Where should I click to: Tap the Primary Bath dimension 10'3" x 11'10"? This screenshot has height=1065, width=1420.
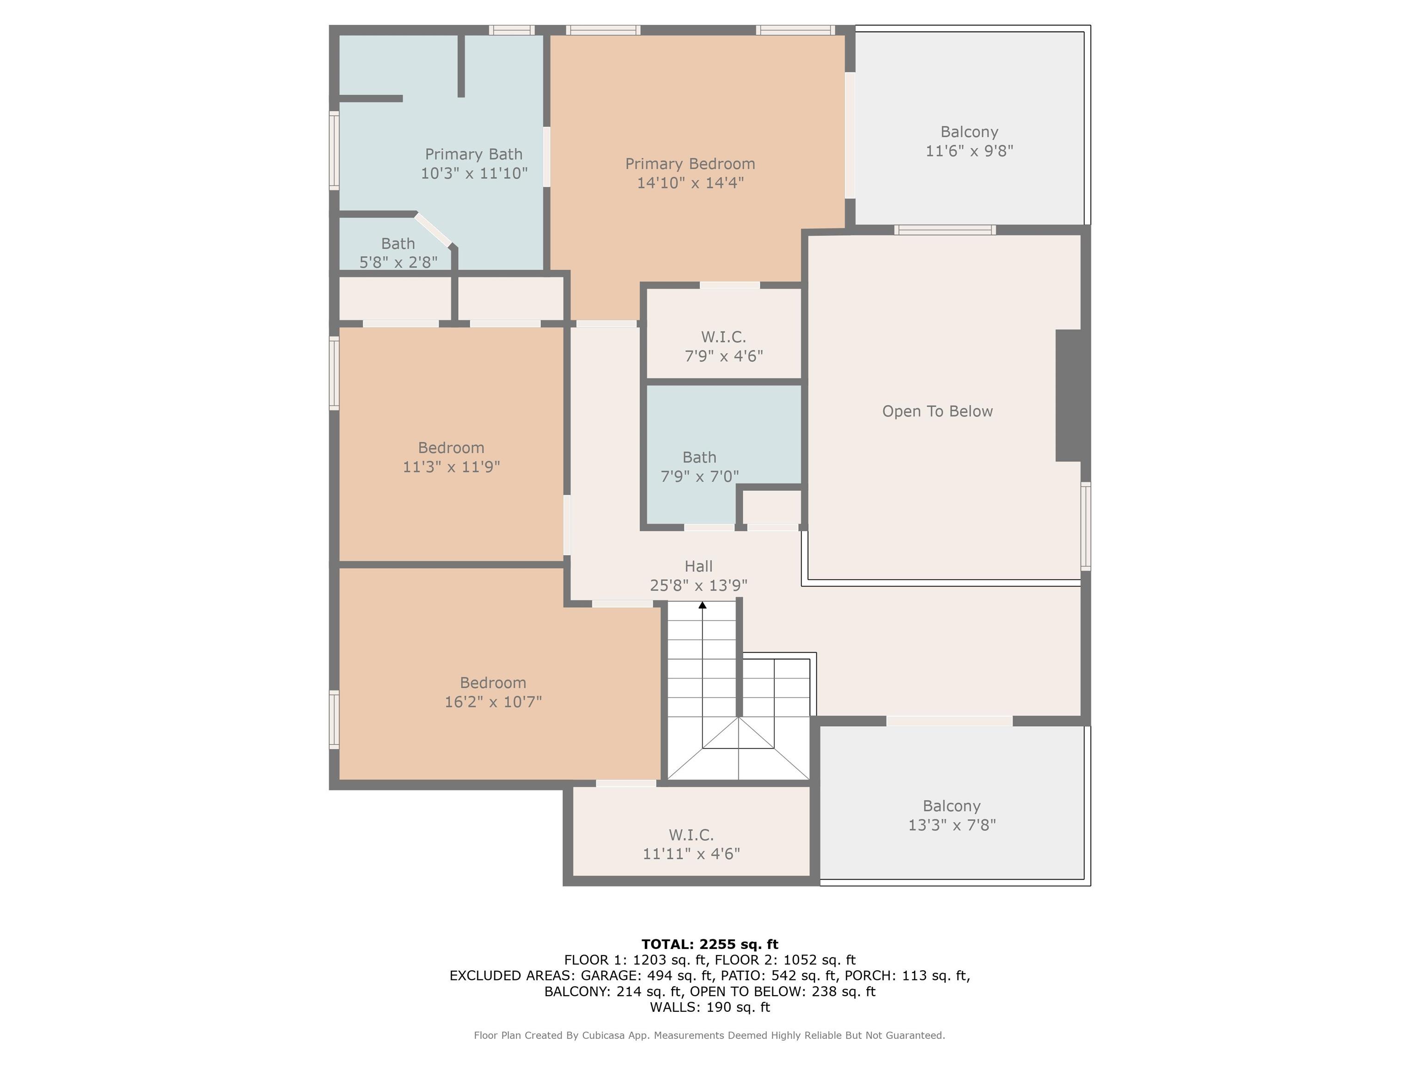click(x=474, y=173)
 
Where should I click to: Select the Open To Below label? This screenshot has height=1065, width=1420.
click(x=937, y=411)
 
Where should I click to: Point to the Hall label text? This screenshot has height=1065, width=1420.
click(x=698, y=566)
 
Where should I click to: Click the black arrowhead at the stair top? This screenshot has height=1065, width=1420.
click(x=702, y=605)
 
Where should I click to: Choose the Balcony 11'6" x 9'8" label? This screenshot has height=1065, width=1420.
click(x=969, y=141)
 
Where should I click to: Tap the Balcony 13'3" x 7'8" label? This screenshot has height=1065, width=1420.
click(x=952, y=815)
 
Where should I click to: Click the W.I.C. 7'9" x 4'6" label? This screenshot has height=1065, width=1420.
click(x=723, y=346)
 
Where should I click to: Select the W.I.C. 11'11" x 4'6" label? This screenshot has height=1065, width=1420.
click(x=692, y=844)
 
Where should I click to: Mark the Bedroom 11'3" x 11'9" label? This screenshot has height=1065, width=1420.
click(x=451, y=457)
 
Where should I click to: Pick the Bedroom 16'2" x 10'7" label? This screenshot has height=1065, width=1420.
click(x=493, y=692)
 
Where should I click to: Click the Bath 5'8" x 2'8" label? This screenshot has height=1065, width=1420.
click(x=398, y=253)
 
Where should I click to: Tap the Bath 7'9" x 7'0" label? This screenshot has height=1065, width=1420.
click(x=700, y=467)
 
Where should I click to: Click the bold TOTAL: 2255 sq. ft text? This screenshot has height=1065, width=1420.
click(x=710, y=944)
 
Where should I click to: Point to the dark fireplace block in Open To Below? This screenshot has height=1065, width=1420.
click(x=1069, y=395)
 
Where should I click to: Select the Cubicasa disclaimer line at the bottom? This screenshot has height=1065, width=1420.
click(x=710, y=1035)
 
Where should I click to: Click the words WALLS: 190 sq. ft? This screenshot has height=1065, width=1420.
click(x=710, y=1007)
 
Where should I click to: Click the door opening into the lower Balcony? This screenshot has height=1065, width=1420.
click(x=949, y=721)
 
